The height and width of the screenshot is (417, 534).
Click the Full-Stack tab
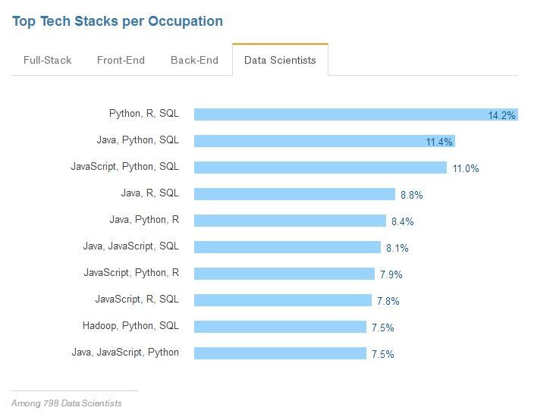coord(47,60)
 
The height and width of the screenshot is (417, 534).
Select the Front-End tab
coord(121,60)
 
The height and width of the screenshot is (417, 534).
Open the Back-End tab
coord(194,60)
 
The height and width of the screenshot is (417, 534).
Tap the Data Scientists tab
coord(280,60)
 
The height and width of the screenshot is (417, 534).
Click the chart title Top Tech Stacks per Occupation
coord(118,21)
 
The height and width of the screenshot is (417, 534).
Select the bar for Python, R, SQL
coord(356,114)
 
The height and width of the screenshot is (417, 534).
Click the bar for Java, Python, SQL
coord(325,141)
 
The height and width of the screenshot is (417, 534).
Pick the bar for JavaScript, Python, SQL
coord(320,168)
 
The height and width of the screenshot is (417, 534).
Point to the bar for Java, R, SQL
coord(294,194)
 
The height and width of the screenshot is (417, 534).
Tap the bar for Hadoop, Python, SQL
coord(280,327)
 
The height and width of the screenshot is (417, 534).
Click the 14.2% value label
coord(501,115)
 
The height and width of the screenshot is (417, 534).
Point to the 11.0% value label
coord(466,168)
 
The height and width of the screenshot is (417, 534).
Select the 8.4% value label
coord(403,221)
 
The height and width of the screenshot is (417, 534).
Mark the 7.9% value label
coord(391,274)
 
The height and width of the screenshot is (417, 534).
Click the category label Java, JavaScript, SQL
coord(131,246)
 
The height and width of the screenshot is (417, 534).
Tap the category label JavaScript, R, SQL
coord(137,299)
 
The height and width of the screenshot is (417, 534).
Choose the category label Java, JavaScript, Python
coord(125,353)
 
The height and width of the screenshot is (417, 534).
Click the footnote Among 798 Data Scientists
coord(67,403)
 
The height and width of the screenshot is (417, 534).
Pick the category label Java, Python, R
coord(144,220)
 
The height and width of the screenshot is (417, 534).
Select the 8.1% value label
coord(397,248)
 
